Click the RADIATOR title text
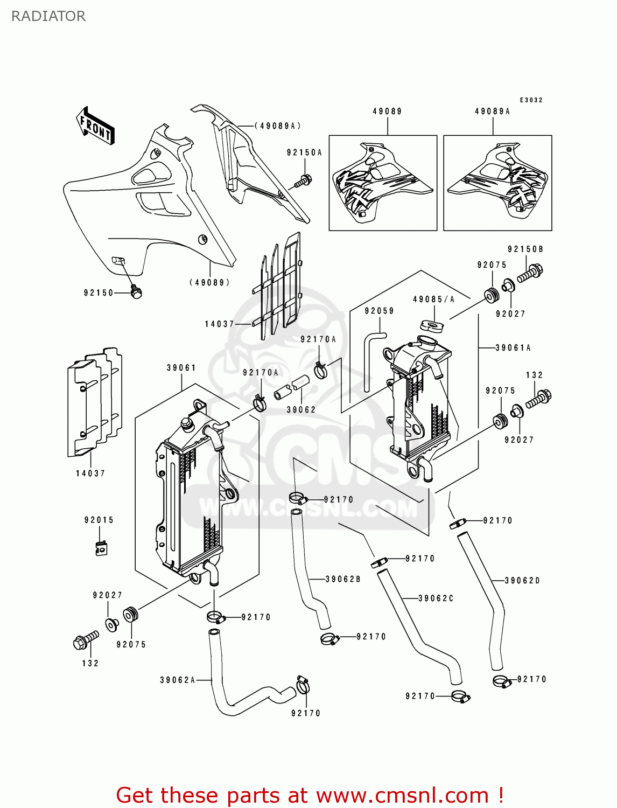click(48, 16)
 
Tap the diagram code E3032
click(531, 100)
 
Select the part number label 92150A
click(304, 153)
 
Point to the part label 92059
click(379, 311)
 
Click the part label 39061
click(181, 368)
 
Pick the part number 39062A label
click(178, 680)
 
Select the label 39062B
click(343, 579)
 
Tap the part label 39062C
click(436, 598)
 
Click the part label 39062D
click(522, 581)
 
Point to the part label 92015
click(99, 520)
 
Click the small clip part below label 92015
click(101, 548)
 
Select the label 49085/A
click(434, 299)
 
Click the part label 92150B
click(525, 249)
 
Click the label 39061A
click(513, 348)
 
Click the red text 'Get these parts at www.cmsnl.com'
click(310, 795)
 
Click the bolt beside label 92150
click(136, 292)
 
